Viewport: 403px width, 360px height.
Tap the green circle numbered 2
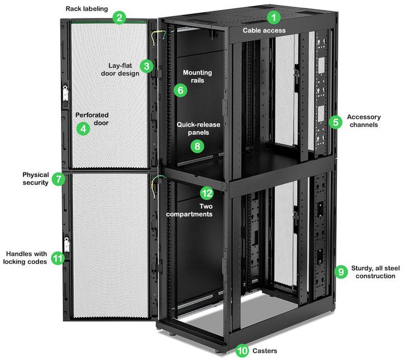click(118, 17)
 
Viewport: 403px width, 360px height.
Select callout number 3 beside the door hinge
click(147, 66)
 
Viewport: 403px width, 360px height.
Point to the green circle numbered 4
click(83, 129)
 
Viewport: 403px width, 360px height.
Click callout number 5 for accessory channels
click(335, 121)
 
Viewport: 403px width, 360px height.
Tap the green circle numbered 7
click(58, 179)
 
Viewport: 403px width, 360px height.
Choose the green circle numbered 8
click(196, 146)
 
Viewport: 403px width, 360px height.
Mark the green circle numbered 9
click(341, 271)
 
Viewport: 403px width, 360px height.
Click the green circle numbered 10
click(242, 350)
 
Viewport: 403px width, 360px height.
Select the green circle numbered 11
click(58, 258)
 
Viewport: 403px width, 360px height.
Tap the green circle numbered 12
click(207, 194)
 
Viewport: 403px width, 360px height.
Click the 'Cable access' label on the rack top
click(264, 30)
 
